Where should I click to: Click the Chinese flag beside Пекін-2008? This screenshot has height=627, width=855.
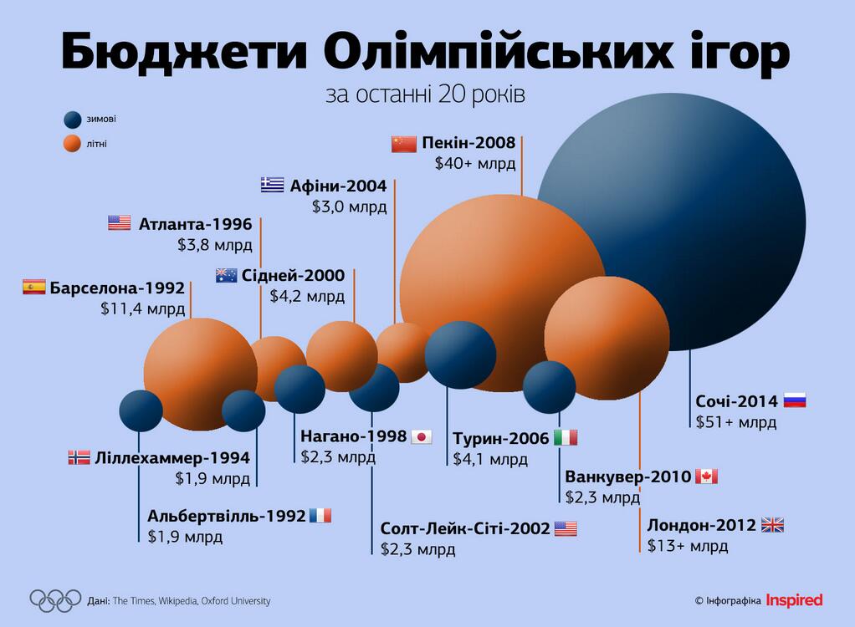tap(403, 144)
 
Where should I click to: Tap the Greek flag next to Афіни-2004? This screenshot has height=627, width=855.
tap(272, 185)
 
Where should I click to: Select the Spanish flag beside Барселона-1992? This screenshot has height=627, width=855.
tap(33, 288)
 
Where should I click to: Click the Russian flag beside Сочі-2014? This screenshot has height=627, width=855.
tap(794, 400)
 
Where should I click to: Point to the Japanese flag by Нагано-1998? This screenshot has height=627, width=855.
tap(422, 436)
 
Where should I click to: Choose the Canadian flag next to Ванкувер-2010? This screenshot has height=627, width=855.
tap(706, 477)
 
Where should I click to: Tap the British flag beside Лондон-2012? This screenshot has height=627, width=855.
tap(772, 525)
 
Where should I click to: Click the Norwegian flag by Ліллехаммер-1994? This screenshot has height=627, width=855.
tap(79, 457)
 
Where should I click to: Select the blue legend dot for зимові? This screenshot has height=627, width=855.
tap(73, 120)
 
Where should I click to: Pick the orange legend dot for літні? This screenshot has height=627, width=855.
tap(73, 144)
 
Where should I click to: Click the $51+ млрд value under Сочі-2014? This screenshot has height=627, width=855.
tap(736, 422)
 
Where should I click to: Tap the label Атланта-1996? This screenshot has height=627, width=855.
tap(193, 223)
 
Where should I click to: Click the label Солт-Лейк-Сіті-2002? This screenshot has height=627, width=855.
tap(465, 528)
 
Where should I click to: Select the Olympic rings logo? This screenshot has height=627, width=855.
tap(55, 599)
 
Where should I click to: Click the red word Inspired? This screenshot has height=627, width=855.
tap(794, 600)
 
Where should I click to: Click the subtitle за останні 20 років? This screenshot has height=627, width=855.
tap(426, 94)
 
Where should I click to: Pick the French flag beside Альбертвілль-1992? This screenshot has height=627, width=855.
tap(320, 515)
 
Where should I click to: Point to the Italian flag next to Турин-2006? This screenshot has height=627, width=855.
tap(566, 438)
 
